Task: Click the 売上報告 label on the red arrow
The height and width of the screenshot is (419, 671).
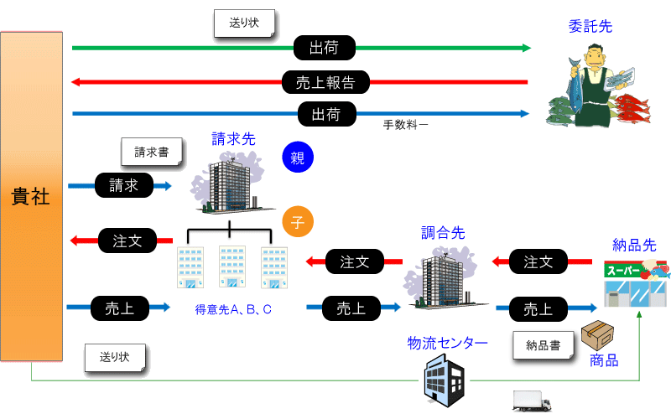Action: point(325,82)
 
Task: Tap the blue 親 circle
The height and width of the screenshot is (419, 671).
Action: point(298,158)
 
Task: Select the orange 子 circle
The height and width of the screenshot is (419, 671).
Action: point(298,221)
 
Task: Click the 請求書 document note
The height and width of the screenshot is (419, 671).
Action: point(152,152)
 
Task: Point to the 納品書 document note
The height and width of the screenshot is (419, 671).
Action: point(543,345)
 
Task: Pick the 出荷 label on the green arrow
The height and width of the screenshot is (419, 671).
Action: point(325,48)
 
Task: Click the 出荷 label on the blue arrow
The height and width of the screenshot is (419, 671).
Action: point(326,114)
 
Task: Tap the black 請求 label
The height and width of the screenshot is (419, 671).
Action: point(123,185)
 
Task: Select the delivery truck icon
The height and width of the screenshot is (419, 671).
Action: point(532,401)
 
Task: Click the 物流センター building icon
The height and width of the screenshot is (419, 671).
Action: point(445,383)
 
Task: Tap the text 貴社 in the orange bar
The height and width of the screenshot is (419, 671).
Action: point(30,197)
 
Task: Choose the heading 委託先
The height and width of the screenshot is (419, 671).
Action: point(590,27)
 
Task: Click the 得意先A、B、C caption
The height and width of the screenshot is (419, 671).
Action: point(233,309)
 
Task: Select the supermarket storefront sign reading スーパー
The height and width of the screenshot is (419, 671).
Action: point(623,271)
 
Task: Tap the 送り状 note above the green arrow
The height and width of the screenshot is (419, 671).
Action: point(244,23)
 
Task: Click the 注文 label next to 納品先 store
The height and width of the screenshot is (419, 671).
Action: point(538,261)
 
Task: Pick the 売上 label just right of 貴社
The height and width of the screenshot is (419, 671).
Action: point(120,308)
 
